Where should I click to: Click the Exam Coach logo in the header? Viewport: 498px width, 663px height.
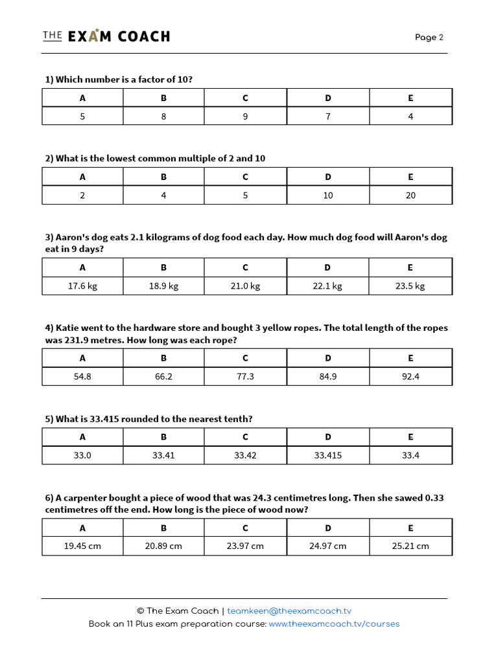pos(106,36)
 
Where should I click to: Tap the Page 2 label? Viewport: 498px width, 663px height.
pos(429,37)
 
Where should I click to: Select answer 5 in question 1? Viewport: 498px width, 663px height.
pos(82,117)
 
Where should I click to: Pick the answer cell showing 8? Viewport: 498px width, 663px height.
pos(163,117)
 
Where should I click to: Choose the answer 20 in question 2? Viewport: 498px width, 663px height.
pos(410,195)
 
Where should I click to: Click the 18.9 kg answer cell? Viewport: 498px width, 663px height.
pos(163,286)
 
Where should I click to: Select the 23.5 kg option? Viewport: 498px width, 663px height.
pos(410,286)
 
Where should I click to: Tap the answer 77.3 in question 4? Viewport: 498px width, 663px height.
pos(245,376)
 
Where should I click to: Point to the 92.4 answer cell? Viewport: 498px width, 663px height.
pos(410,376)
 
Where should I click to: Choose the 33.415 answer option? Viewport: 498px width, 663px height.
pos(327,455)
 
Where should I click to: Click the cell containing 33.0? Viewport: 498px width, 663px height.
pos(82,455)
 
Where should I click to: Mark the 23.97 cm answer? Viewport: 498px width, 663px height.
pos(245,546)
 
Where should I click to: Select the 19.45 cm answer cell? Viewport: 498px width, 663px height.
pos(82,546)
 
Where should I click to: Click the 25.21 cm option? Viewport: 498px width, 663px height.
pos(410,546)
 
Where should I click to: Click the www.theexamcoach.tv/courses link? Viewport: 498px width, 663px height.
pos(334,624)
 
